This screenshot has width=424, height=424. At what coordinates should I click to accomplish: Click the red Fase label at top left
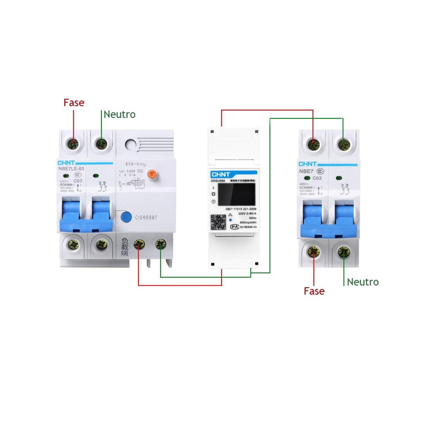point(74,103)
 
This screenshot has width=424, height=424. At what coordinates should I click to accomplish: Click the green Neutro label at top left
point(120,114)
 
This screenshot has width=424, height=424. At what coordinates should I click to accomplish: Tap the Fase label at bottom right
point(314,291)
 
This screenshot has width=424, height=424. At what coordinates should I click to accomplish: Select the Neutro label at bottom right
point(363,282)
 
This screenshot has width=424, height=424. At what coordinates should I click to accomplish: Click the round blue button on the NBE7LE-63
point(126,217)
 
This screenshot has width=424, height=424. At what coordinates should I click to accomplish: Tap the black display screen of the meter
point(236,194)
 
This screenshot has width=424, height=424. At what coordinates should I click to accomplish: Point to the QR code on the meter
point(218,222)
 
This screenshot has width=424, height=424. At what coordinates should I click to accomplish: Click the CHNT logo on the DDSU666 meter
point(221,174)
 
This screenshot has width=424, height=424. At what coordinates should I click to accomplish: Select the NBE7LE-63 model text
point(71,169)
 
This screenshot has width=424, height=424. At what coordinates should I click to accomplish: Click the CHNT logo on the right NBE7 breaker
point(308,164)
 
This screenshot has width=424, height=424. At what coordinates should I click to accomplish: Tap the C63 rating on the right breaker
point(317,178)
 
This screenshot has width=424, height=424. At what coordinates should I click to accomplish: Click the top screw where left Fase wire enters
point(73,144)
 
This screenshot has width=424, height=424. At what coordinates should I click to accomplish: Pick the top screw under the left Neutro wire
point(101,144)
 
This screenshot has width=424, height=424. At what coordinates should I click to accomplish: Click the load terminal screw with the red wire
point(139,244)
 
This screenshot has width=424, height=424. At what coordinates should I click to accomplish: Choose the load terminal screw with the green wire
point(161,244)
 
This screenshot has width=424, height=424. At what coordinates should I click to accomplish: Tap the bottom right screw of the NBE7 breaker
point(344,252)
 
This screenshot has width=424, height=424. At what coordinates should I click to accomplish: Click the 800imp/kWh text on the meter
point(248,222)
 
